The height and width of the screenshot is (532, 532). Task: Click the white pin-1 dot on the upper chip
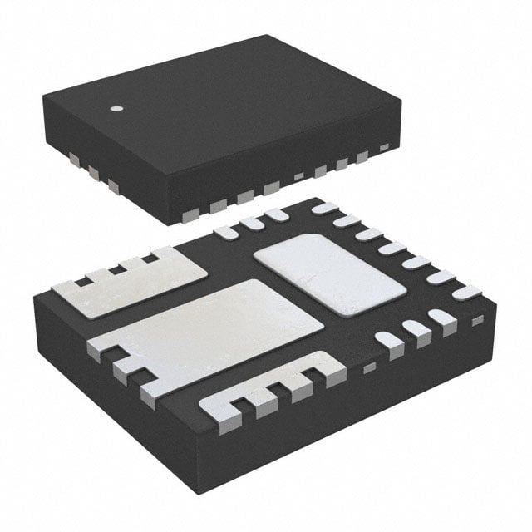click(x=117, y=108)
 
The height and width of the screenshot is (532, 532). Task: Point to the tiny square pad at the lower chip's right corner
click(x=477, y=321)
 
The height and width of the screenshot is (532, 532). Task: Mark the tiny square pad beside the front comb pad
click(x=369, y=367)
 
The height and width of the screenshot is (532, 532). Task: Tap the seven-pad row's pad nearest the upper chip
click(x=325, y=209)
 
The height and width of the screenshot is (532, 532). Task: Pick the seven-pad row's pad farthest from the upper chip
click(x=466, y=292)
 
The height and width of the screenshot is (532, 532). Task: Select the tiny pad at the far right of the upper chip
click(x=384, y=148)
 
